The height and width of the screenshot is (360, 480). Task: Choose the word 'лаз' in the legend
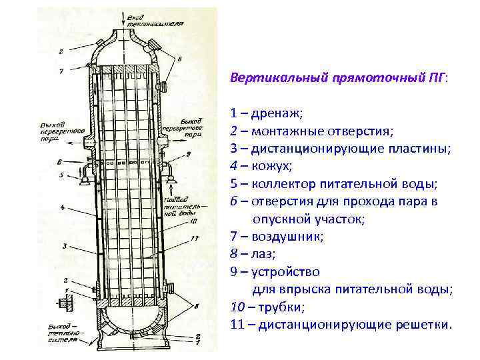(x=259, y=254)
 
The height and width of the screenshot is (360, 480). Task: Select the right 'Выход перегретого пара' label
(x=183, y=127)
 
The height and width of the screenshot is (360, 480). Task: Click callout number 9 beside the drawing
(x=189, y=154)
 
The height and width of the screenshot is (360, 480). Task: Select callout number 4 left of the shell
(x=62, y=207)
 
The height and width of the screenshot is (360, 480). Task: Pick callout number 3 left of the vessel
(x=65, y=246)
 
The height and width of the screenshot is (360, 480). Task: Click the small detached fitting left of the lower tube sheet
(x=65, y=302)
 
